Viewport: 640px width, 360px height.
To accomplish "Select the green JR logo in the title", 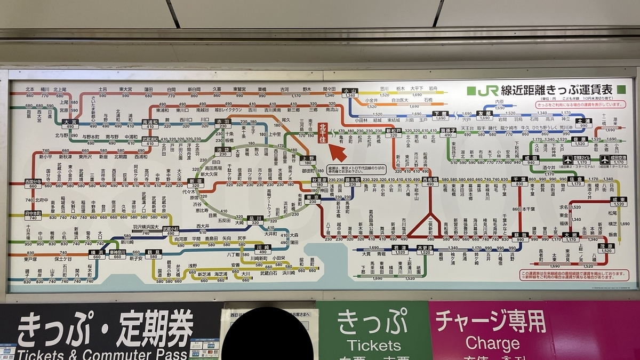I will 487,91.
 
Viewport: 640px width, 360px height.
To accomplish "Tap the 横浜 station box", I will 97,254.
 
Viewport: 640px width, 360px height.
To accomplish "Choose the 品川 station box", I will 255,220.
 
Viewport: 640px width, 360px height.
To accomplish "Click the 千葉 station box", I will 519,181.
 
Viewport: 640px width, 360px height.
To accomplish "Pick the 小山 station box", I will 350,93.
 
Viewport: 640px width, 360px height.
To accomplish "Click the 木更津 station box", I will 425,250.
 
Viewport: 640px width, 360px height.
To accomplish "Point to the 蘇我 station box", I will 519,237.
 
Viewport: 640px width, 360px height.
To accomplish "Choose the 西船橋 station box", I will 430,182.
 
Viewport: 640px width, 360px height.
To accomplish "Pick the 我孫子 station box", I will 447,133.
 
